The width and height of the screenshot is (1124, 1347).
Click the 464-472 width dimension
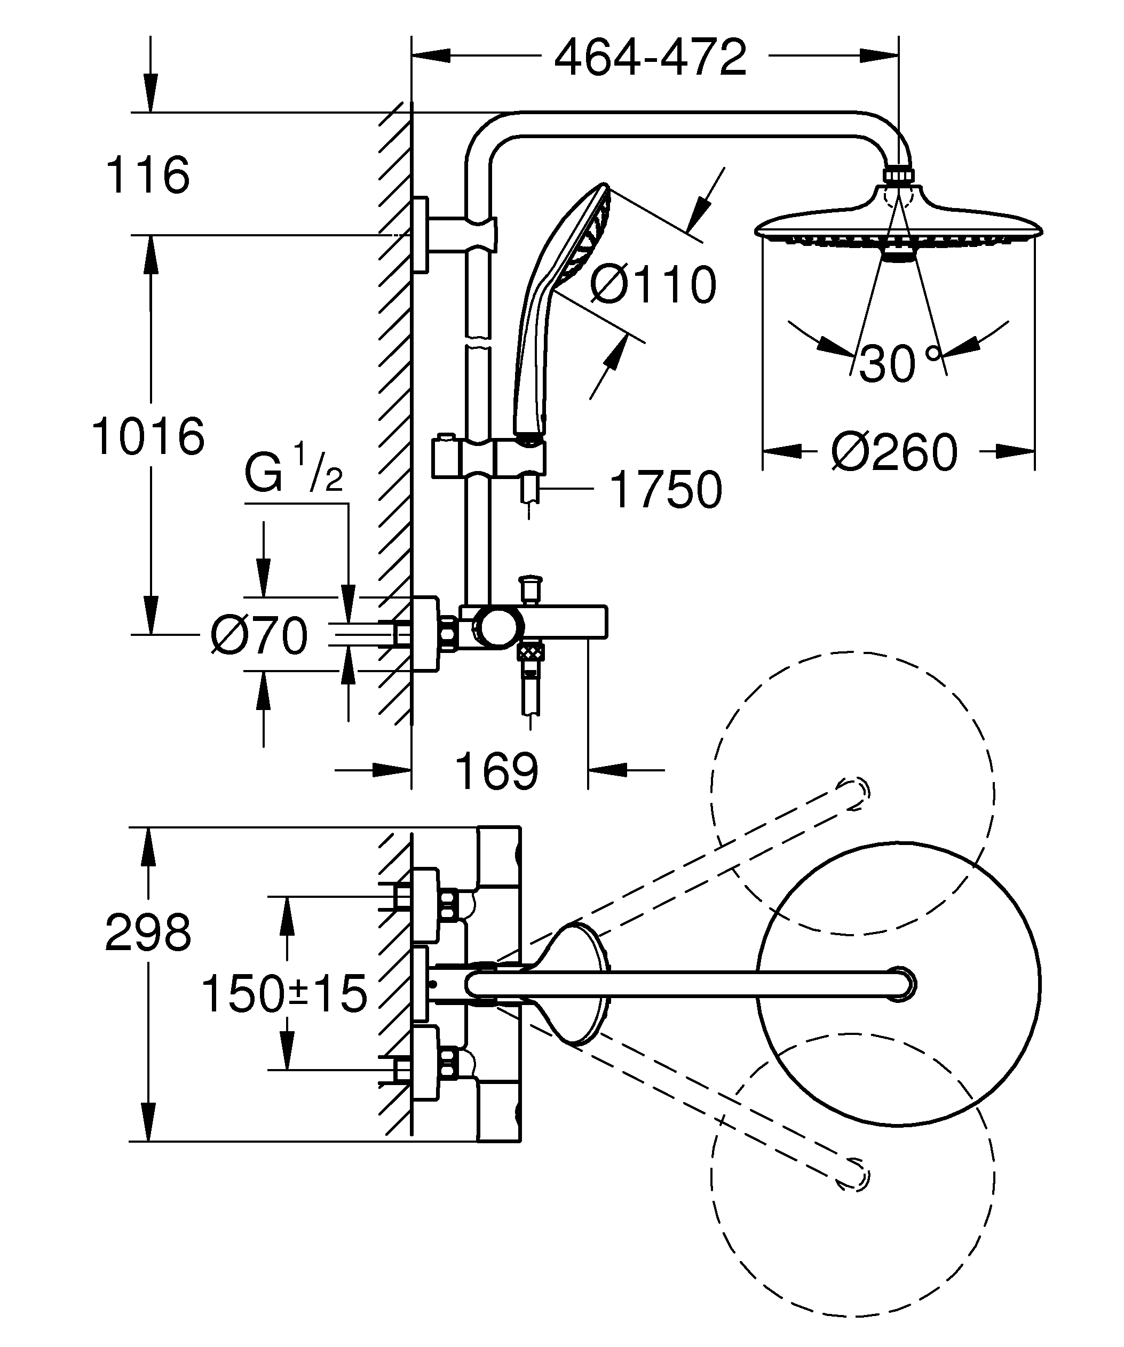(x=650, y=58)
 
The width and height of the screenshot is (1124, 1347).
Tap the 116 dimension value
(x=147, y=174)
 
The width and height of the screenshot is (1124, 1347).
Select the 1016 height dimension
(x=148, y=436)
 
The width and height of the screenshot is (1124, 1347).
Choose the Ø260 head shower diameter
(x=893, y=452)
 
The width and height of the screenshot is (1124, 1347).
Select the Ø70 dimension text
(x=259, y=636)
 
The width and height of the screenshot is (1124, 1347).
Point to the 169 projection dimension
(x=496, y=771)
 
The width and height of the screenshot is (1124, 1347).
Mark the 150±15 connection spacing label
(x=284, y=993)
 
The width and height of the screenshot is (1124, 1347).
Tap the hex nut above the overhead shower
(x=900, y=177)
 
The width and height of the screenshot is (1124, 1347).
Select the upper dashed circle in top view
(x=853, y=793)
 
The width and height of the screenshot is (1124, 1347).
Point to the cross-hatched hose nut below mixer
(x=531, y=652)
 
